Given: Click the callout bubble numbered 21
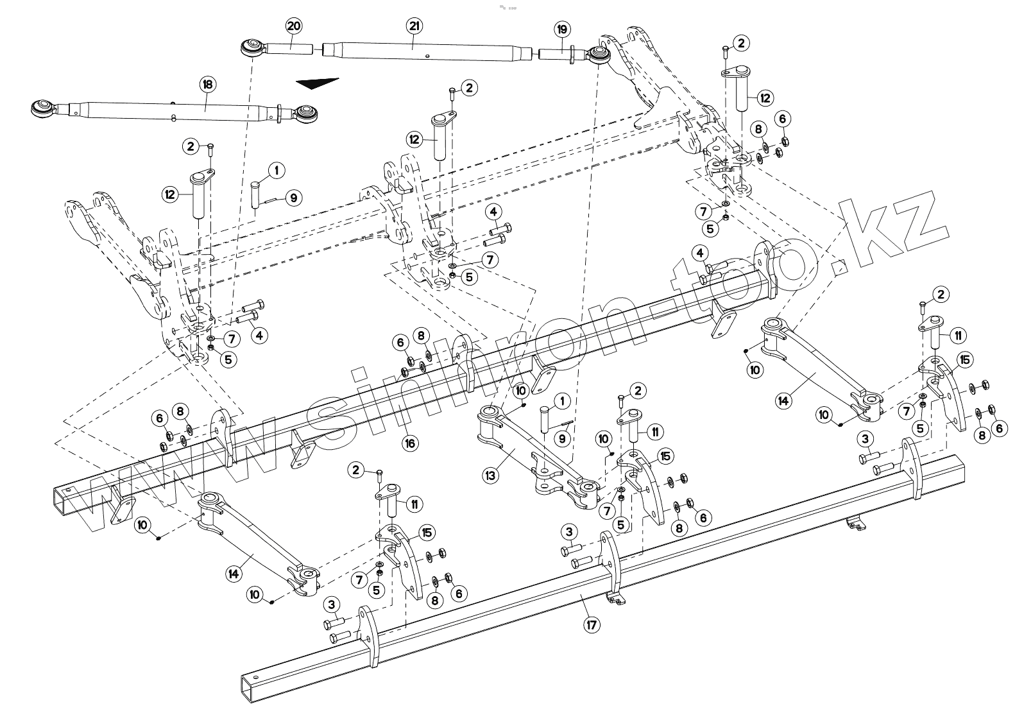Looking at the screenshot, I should [414, 26].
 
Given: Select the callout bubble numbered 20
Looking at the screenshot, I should [294, 26].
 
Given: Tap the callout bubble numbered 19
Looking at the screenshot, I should [562, 29].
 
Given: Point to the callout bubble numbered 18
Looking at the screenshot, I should [208, 84].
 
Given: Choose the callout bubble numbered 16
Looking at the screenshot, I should [410, 443].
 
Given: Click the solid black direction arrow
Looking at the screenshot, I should [318, 84].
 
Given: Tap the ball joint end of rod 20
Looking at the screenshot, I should [251, 48].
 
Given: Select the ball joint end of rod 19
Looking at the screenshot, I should [600, 54].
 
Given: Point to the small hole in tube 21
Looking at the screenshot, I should [427, 56].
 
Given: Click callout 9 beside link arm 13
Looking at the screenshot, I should [562, 439].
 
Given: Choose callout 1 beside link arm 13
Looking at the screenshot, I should [562, 402].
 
